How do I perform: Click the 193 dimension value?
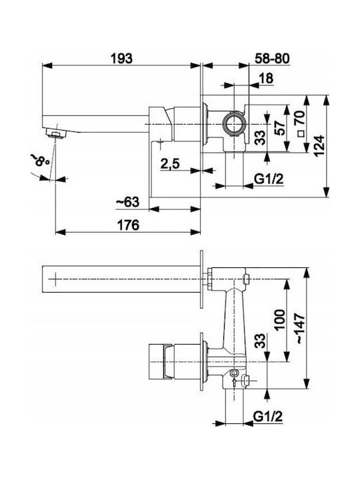click(121, 58)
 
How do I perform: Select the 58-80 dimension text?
click(272, 58)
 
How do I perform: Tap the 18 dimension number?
click(266, 78)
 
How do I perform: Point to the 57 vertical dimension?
click(279, 127)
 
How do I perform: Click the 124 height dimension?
click(319, 146)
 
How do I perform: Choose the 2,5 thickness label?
click(170, 165)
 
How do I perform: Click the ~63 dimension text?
click(127, 202)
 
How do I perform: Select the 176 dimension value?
click(128, 225)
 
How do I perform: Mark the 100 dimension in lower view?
click(279, 320)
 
